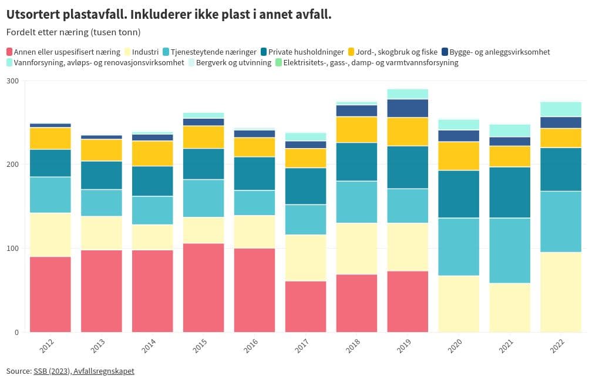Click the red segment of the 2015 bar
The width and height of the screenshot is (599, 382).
tap(203, 287)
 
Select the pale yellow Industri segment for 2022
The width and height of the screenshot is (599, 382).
tap(561, 292)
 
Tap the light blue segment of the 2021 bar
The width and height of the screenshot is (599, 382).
tap(510, 250)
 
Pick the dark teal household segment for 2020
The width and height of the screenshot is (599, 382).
tap(459, 194)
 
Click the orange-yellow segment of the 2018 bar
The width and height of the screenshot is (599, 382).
tap(356, 129)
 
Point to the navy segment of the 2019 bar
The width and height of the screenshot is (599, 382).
tap(408, 108)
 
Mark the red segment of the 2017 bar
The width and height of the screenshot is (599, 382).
tap(305, 306)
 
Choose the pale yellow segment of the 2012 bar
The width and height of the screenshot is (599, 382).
tap(50, 234)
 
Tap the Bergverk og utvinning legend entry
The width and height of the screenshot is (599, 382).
tap(233, 62)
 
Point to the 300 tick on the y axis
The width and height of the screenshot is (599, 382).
tap(12, 81)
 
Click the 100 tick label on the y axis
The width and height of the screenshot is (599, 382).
tap(12, 248)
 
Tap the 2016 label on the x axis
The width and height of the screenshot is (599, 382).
tap(251, 346)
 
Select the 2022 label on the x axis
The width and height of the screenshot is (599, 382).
tap(558, 346)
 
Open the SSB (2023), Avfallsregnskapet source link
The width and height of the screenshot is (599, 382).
tap(84, 371)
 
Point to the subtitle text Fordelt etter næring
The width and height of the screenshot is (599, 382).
tap(53, 32)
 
